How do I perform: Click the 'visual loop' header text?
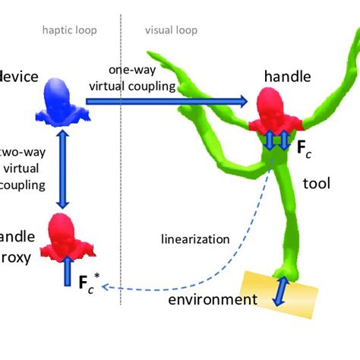[171, 31]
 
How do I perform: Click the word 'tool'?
[316, 183]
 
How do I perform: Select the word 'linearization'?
[195, 239]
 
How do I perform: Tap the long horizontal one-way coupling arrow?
[166, 100]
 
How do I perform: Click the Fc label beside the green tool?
[303, 148]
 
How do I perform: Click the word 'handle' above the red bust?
[287, 77]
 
